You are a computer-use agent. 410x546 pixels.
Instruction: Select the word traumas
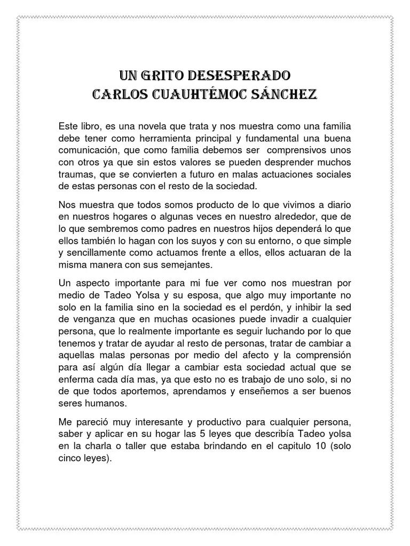[x=75, y=174]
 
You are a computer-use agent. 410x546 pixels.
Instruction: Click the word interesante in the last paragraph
[x=160, y=423]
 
